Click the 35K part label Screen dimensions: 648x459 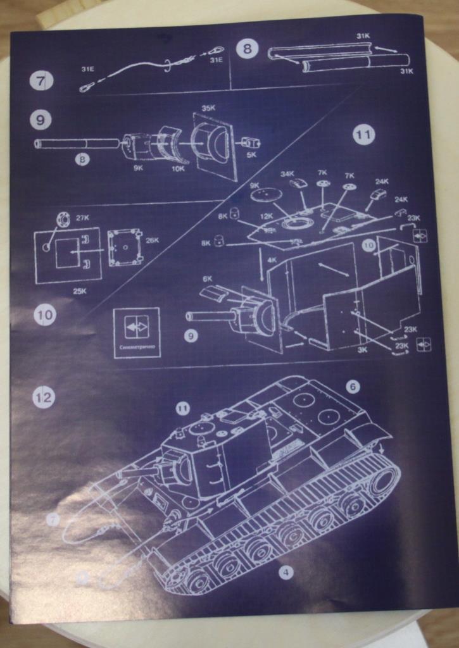click(x=208, y=108)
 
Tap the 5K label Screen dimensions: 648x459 click(x=251, y=154)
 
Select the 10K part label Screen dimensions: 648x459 click(x=178, y=168)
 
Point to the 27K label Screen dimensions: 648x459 click(x=83, y=218)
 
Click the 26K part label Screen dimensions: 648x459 click(x=152, y=240)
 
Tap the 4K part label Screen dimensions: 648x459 click(x=272, y=259)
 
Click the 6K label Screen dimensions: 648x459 click(x=208, y=278)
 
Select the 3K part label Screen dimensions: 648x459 click(x=362, y=349)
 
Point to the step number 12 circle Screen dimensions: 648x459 click(x=44, y=397)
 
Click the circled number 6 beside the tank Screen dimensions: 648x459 click(x=353, y=386)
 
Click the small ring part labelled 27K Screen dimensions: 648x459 click(x=63, y=220)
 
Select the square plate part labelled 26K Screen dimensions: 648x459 click(x=125, y=247)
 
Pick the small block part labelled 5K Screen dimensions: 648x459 click(x=251, y=142)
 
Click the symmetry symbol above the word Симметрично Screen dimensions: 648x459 click(x=137, y=327)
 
